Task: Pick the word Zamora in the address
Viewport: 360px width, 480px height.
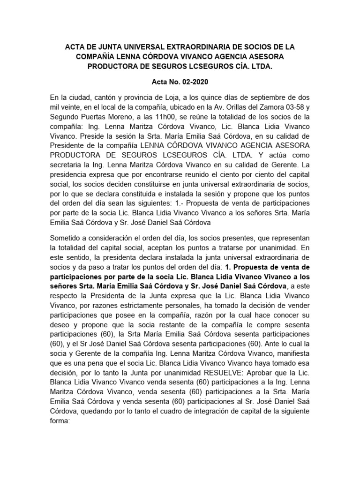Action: coord(266,107)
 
